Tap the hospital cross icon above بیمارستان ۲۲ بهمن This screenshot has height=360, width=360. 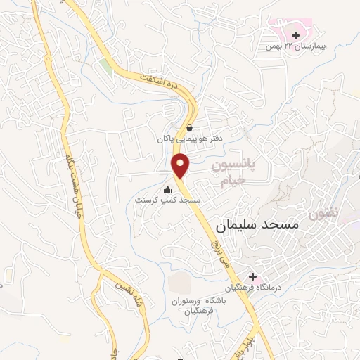[296, 34]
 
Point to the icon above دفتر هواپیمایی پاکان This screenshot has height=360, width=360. [190, 127]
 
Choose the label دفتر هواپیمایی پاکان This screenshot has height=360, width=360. [188, 139]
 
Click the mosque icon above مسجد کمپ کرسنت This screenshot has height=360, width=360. [167, 189]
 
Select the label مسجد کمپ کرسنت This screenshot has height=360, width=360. [169, 200]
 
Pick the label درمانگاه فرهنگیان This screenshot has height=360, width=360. [253, 288]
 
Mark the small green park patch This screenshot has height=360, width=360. [105, 65]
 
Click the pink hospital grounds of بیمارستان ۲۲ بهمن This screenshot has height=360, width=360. [285, 28]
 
